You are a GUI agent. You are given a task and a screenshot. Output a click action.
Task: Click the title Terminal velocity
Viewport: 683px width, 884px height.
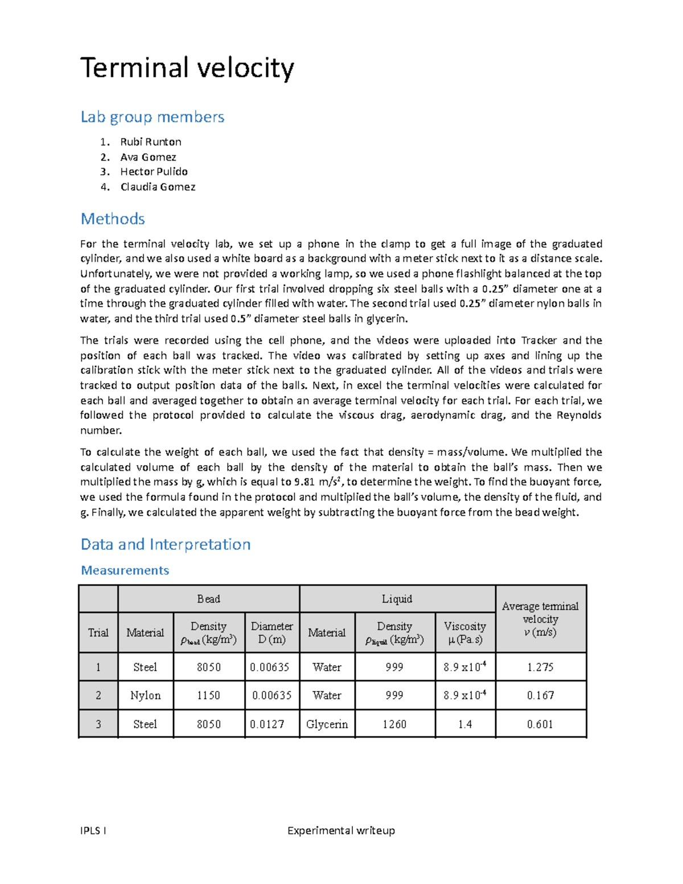point(187,68)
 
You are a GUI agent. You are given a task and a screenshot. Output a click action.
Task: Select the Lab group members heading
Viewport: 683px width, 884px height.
point(152,117)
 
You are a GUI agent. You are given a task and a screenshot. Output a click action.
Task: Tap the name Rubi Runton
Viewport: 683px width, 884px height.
point(150,142)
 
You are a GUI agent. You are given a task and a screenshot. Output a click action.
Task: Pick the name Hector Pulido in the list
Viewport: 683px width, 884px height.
point(154,171)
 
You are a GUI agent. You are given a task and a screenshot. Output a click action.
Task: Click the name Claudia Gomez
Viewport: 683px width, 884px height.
point(158,187)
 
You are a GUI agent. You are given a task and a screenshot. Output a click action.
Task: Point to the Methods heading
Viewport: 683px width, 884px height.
point(113,219)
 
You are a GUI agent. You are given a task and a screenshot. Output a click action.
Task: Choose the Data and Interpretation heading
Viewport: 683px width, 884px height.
point(165,544)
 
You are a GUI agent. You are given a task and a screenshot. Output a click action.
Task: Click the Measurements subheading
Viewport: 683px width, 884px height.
point(125,570)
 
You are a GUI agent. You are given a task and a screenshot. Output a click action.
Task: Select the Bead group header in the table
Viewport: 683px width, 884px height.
point(208,599)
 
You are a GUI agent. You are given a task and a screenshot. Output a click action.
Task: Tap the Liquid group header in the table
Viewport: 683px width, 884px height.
point(397,599)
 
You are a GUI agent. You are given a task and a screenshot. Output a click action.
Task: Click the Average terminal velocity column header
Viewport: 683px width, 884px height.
point(540,619)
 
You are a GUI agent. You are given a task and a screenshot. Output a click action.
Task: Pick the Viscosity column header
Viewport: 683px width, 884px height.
point(465,632)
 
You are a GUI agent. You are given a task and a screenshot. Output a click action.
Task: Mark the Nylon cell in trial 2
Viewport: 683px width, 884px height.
point(145,695)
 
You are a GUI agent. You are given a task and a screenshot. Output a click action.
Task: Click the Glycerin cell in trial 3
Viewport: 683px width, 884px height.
point(327,724)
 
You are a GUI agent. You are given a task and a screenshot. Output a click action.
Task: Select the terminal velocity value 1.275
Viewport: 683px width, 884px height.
point(540,667)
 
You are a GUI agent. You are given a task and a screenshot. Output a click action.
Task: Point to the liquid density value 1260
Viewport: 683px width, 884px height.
point(394,724)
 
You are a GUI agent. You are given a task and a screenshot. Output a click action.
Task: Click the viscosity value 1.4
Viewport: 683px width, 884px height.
point(465,724)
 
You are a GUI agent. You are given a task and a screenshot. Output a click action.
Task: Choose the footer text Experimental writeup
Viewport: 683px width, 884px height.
point(341,830)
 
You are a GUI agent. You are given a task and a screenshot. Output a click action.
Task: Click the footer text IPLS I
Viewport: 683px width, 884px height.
point(93,830)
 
